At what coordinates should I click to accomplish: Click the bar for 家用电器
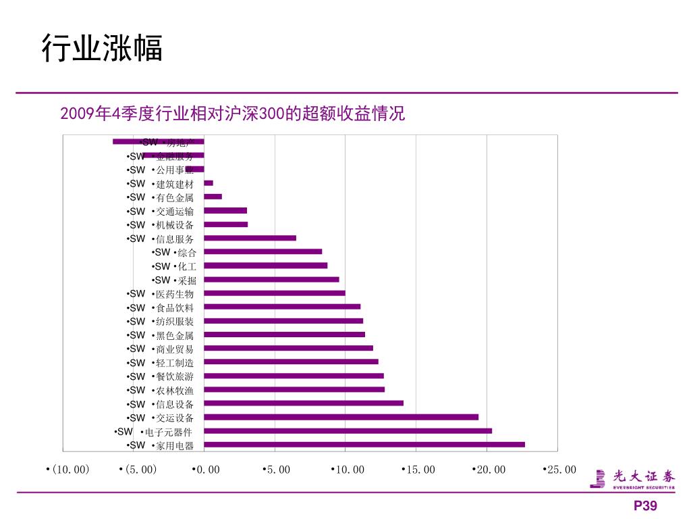[x=364, y=445]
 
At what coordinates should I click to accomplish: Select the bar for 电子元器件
[x=348, y=431]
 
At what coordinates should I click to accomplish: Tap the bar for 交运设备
[x=341, y=417]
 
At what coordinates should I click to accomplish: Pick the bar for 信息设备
[x=304, y=403]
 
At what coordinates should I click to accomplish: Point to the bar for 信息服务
[x=250, y=238]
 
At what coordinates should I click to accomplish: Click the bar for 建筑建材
[x=209, y=183]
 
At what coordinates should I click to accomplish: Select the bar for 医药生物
[x=275, y=293]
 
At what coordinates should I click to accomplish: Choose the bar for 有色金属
[x=213, y=197]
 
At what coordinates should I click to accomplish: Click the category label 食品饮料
[x=174, y=307]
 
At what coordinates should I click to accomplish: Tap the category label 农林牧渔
[x=174, y=390]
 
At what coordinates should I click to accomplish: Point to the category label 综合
[x=187, y=253]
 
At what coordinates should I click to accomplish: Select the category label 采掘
[x=187, y=280]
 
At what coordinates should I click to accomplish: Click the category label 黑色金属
[x=174, y=335]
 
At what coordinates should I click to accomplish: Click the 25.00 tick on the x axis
[x=561, y=470]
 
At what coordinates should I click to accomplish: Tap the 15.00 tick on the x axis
[x=419, y=470]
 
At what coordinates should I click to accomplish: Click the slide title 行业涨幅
[x=102, y=49]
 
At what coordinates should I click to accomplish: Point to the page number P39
[x=644, y=506]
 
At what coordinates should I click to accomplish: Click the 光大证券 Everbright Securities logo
[x=632, y=478]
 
